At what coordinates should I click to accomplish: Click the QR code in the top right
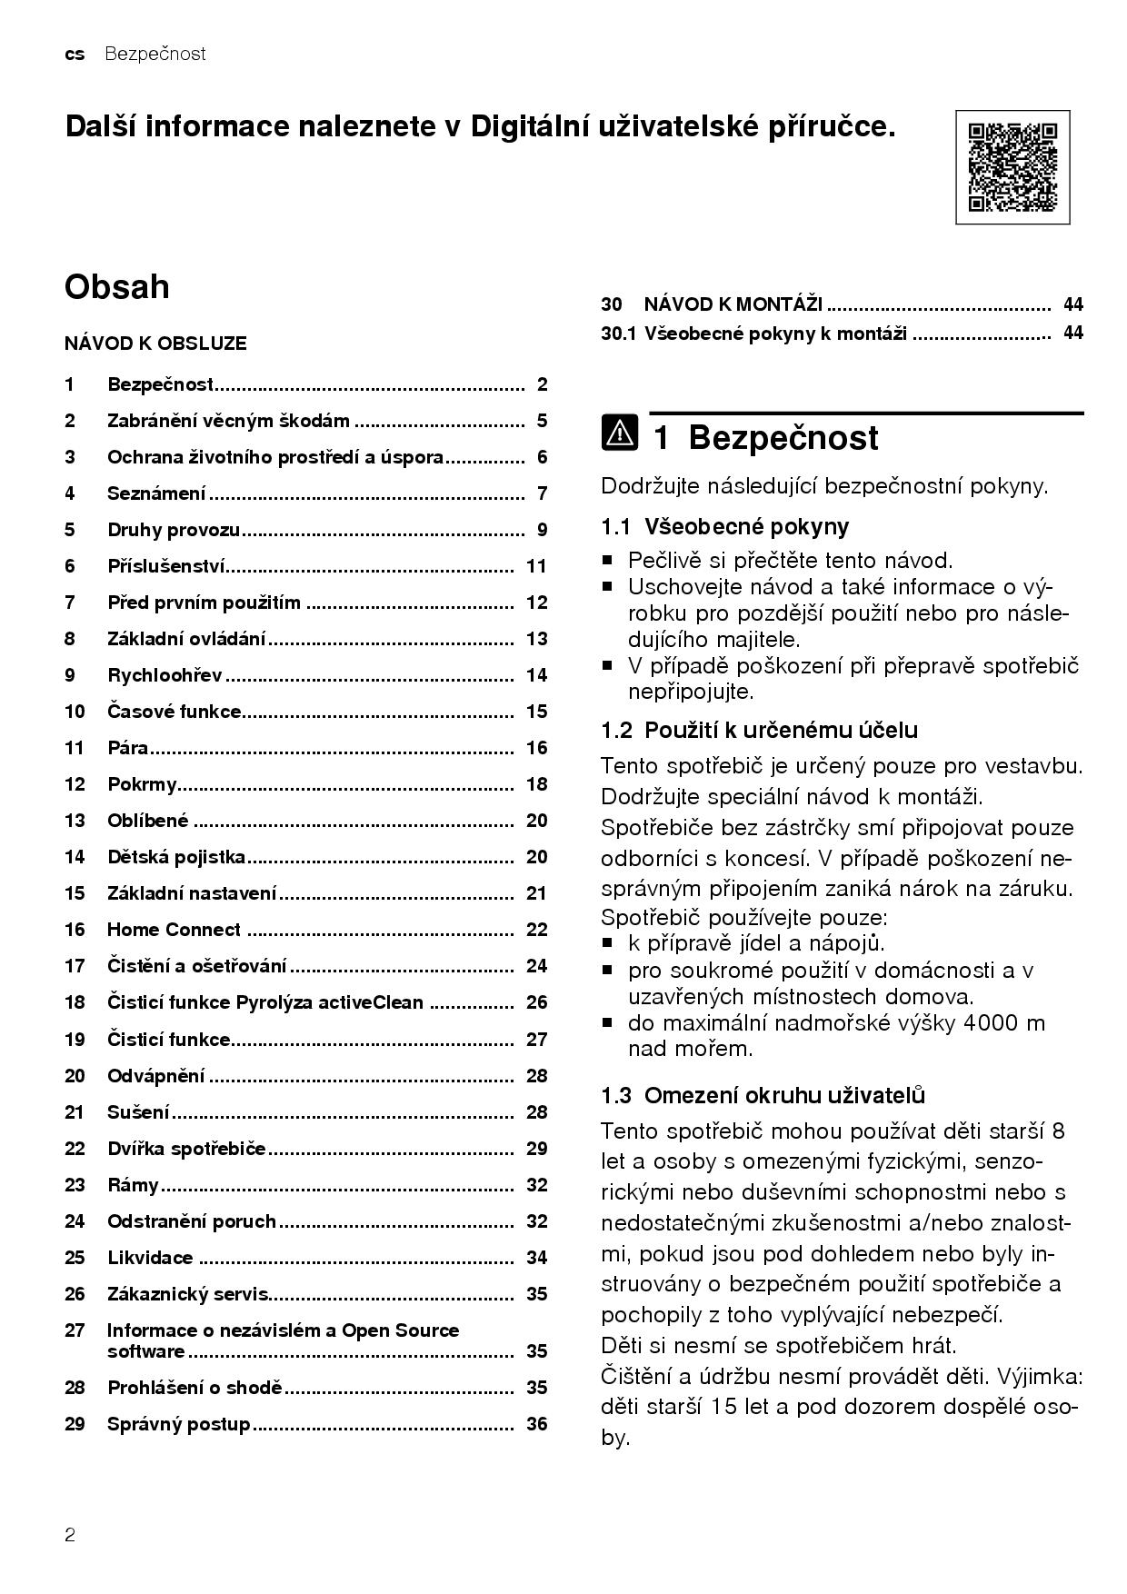click(1012, 167)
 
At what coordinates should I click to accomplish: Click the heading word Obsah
click(116, 287)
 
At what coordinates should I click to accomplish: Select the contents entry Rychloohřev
click(165, 675)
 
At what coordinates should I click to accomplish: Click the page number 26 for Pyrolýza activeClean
click(536, 1002)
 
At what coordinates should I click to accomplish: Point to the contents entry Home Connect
click(174, 930)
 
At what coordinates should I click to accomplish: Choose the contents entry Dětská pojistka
click(176, 857)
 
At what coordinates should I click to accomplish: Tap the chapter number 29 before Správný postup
click(75, 1424)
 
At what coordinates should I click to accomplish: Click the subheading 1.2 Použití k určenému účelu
click(759, 730)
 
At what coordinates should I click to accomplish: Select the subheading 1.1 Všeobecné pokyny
click(724, 526)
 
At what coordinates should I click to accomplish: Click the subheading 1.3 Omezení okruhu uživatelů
click(763, 1095)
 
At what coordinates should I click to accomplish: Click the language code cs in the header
click(75, 55)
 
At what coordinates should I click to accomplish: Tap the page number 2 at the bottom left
click(70, 1536)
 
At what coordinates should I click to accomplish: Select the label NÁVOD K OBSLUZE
click(155, 344)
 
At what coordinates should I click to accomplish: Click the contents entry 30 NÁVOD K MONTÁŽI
click(733, 304)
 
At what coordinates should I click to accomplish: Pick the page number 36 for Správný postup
click(536, 1424)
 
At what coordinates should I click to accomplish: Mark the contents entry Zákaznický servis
click(188, 1293)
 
